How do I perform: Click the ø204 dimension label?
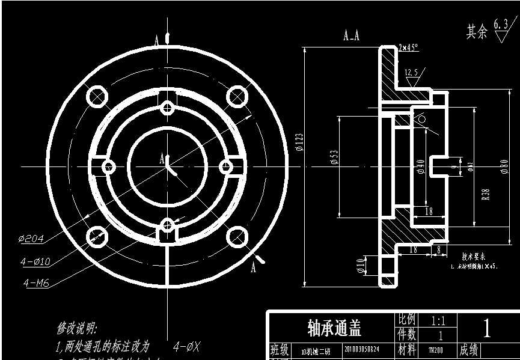[x=31, y=239]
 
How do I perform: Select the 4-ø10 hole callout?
[x=35, y=261]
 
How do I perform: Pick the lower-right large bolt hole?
[x=238, y=236]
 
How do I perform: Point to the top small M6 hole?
[x=167, y=108]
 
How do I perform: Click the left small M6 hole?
[x=109, y=166]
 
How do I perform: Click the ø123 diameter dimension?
[x=299, y=142]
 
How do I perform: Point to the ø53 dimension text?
[x=334, y=157]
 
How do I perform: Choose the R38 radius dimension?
[x=485, y=195]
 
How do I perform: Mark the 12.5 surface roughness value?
[x=411, y=73]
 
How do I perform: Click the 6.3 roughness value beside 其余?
[x=500, y=24]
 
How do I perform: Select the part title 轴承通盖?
[x=334, y=328]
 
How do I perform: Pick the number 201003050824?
[x=362, y=349]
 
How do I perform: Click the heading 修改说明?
[x=76, y=329]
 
